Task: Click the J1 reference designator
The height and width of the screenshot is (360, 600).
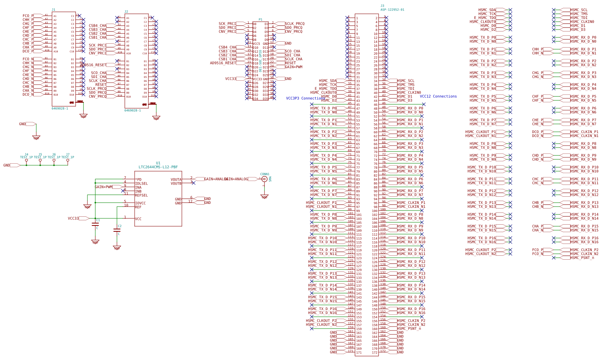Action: click(x=54, y=9)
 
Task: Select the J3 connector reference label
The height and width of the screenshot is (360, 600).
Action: click(x=382, y=6)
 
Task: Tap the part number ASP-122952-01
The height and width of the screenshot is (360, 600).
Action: click(x=392, y=10)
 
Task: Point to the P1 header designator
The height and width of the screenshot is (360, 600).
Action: click(x=260, y=19)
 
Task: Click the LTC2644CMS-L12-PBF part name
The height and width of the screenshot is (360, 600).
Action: click(x=158, y=167)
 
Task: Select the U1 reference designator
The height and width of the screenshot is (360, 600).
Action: click(x=158, y=163)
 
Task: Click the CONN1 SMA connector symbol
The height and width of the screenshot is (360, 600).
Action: click(x=264, y=179)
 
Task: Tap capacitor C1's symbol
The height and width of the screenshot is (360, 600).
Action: click(x=95, y=224)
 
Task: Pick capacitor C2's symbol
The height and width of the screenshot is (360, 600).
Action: click(x=117, y=230)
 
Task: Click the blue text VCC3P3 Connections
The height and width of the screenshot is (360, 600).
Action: click(x=306, y=98)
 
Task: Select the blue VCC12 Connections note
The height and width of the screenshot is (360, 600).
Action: click(x=438, y=96)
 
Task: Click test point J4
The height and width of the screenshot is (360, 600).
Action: click(x=26, y=160)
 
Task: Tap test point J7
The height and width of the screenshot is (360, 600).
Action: click(x=68, y=160)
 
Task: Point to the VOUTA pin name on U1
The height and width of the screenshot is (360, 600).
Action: click(x=176, y=180)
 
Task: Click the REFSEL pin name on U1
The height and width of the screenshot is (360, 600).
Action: click(x=141, y=196)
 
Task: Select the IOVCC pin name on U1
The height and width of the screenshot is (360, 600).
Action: click(x=140, y=203)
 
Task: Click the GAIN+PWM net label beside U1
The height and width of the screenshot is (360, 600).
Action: click(x=103, y=187)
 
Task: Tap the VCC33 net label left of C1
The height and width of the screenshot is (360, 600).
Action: click(x=73, y=218)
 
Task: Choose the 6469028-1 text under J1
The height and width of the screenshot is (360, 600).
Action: click(x=60, y=109)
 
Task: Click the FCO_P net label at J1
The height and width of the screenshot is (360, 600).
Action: click(x=28, y=16)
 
